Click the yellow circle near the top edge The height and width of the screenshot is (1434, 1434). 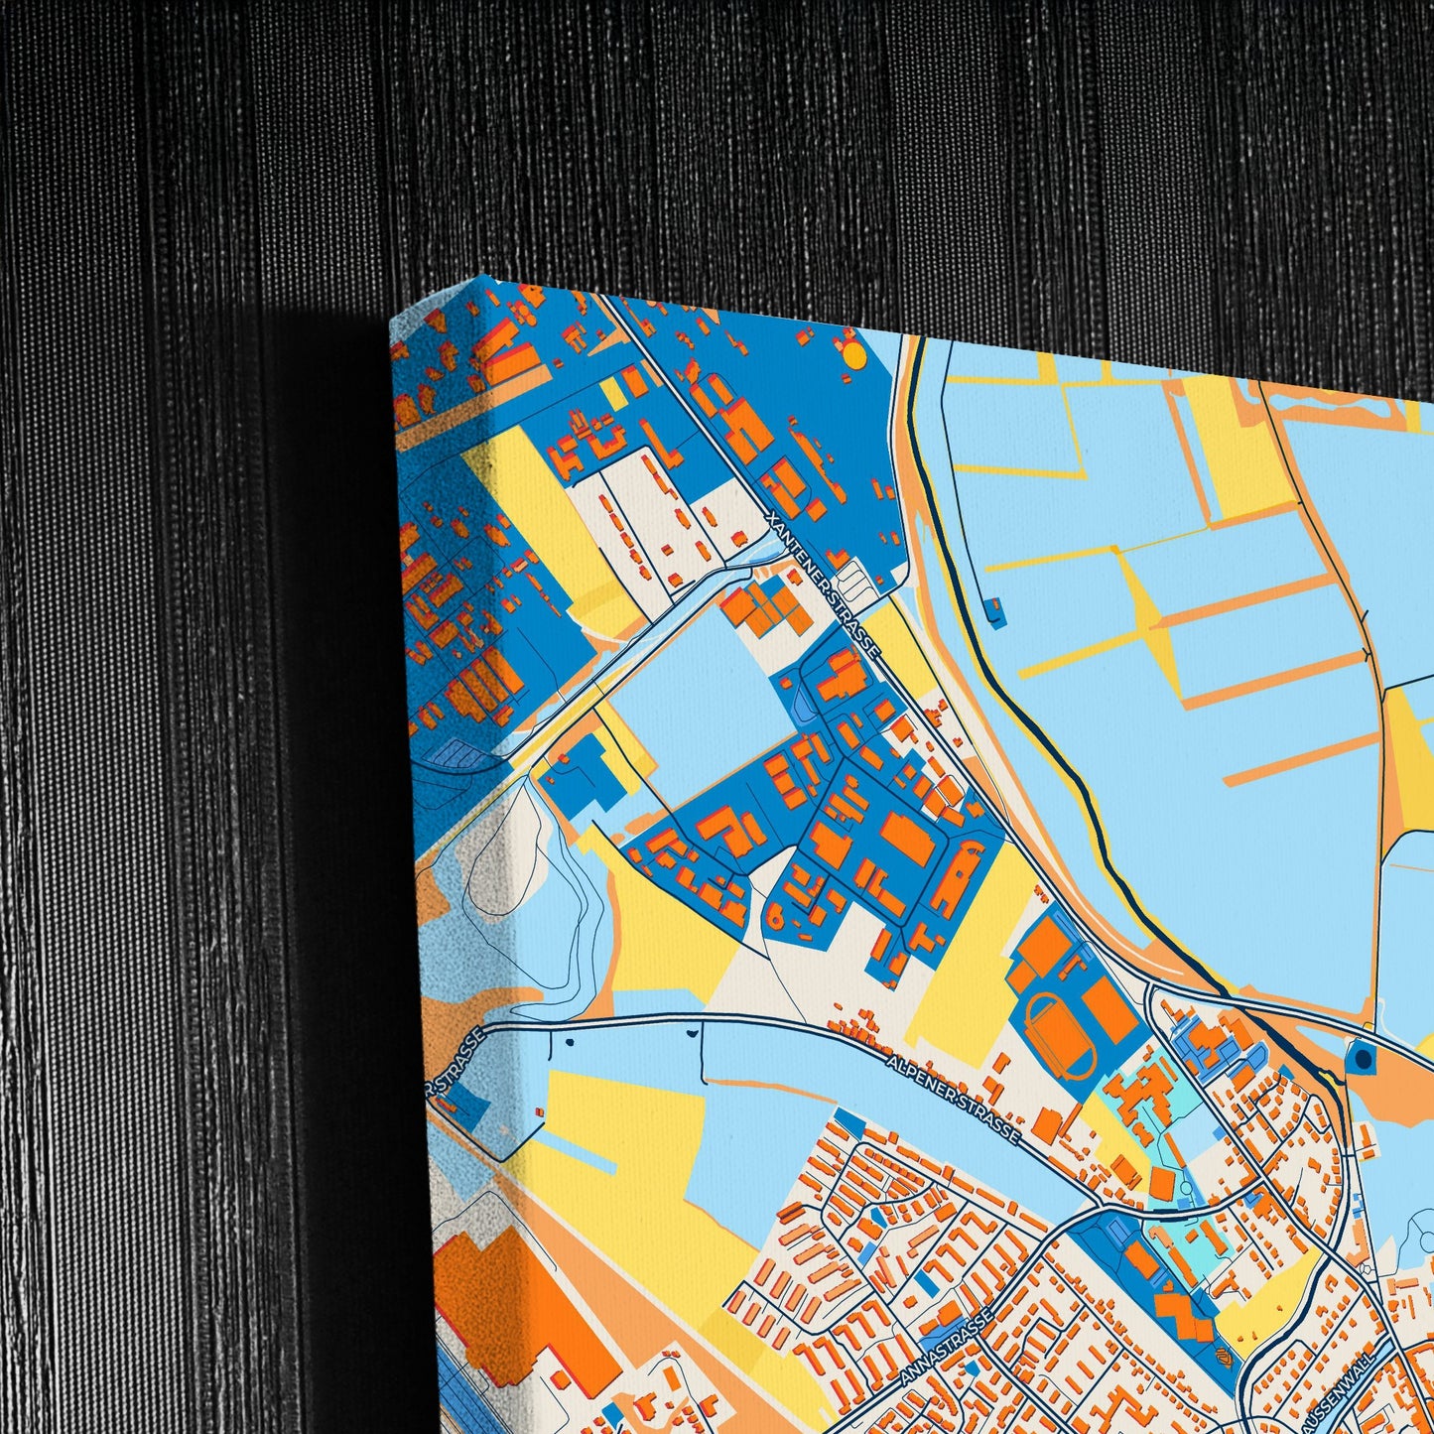[853, 353]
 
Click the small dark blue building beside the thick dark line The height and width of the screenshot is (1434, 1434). [996, 612]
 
